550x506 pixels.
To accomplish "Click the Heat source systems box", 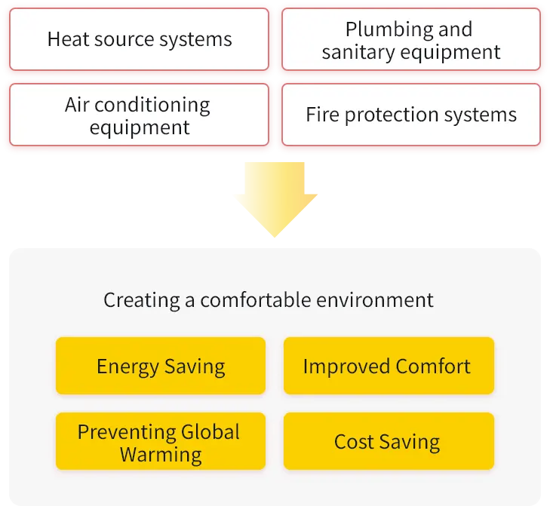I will click(x=140, y=39).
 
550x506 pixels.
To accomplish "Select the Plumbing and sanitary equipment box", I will click(x=410, y=39).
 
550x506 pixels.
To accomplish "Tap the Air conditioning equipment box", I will click(x=140, y=115).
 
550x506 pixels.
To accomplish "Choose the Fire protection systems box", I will click(x=410, y=115).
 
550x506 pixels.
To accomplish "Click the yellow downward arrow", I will click(x=275, y=198).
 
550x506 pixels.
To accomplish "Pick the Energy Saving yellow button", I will click(x=161, y=366).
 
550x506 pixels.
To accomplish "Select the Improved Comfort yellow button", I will click(x=388, y=366).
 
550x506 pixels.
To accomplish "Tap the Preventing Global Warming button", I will click(x=161, y=443).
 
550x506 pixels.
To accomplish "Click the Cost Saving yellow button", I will click(x=388, y=442).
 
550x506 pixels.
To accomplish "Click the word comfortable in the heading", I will click(x=284, y=300).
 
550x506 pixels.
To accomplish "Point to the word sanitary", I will click(x=353, y=52).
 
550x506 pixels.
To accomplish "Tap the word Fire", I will click(x=321, y=115).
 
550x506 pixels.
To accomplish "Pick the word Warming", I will click(x=161, y=455).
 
